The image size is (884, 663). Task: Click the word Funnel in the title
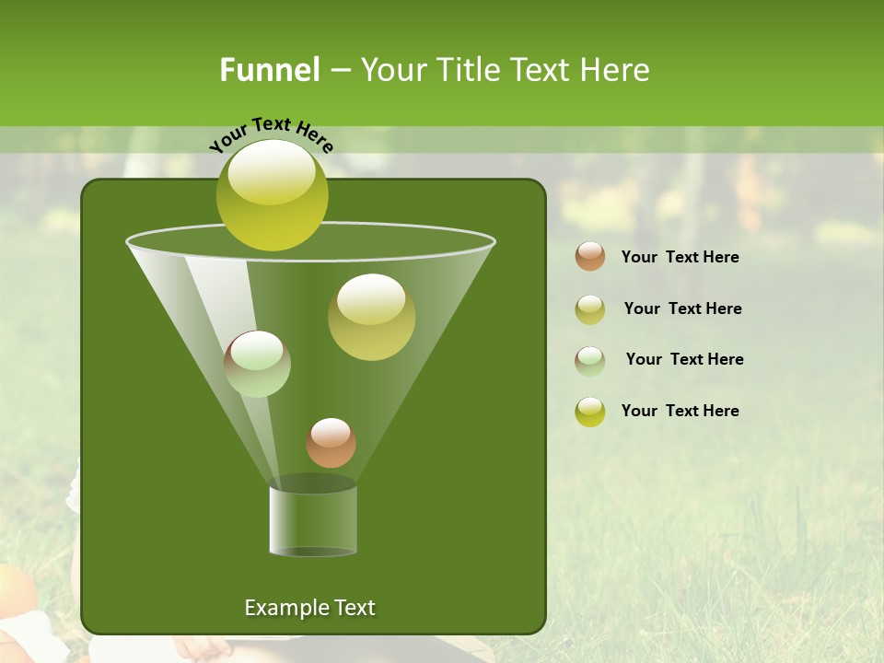pyautogui.click(x=269, y=70)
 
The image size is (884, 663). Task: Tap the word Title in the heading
pyautogui.click(x=466, y=70)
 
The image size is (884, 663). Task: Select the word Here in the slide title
pyautogui.click(x=614, y=70)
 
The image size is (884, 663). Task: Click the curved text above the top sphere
pyautogui.click(x=271, y=134)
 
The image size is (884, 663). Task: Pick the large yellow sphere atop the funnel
pyautogui.click(x=272, y=194)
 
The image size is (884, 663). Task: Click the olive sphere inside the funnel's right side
pyautogui.click(x=371, y=316)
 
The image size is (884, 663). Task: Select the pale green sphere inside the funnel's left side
pyautogui.click(x=257, y=364)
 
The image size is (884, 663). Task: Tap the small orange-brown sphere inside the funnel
pyautogui.click(x=331, y=443)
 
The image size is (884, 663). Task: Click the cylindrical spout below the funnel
pyautogui.click(x=313, y=520)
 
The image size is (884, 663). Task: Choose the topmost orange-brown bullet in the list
pyautogui.click(x=590, y=256)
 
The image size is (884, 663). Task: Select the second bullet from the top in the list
pyautogui.click(x=590, y=308)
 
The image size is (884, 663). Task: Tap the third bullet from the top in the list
pyautogui.click(x=590, y=360)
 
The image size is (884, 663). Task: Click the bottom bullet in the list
pyautogui.click(x=590, y=412)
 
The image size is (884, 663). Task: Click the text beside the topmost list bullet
pyautogui.click(x=680, y=258)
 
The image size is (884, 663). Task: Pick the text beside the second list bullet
pyautogui.click(x=682, y=309)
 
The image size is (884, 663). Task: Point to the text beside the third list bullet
pyautogui.click(x=684, y=360)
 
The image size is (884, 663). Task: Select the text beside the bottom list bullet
pyautogui.click(x=680, y=412)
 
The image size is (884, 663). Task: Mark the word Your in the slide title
pyautogui.click(x=394, y=70)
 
